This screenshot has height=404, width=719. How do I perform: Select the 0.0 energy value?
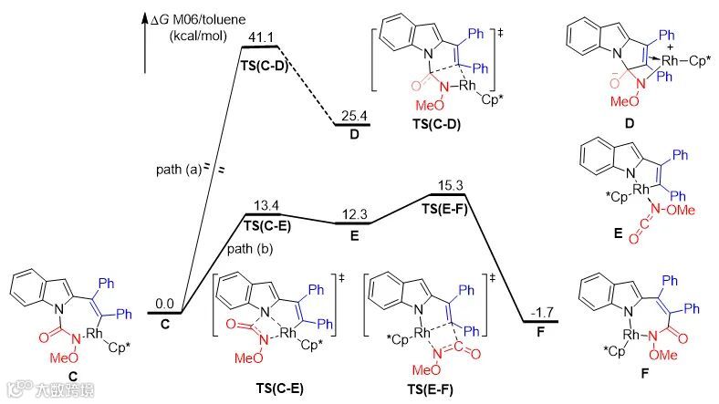(164, 303)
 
